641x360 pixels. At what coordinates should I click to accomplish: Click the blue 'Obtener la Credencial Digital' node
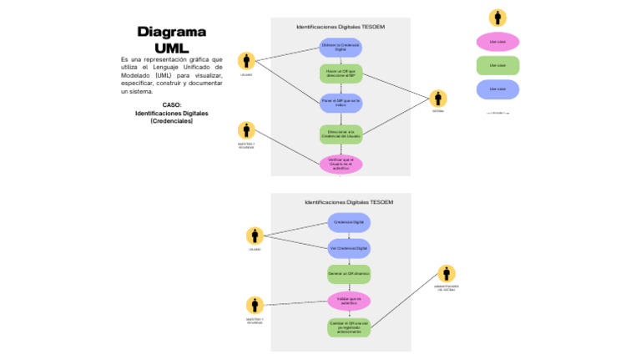tap(341, 48)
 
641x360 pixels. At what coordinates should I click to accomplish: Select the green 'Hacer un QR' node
tap(341, 74)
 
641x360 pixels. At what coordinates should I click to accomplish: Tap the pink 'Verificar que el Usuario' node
tap(341, 163)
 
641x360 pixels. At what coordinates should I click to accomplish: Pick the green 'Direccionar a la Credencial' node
tap(341, 134)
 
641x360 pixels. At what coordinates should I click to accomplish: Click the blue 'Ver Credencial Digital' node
tap(349, 248)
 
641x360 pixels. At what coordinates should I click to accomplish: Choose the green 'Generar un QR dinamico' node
tap(349, 274)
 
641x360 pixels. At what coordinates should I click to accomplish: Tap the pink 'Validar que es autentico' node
tap(349, 300)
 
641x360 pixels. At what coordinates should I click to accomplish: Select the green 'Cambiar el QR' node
tap(349, 327)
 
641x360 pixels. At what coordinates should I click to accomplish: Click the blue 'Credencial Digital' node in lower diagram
tap(349, 222)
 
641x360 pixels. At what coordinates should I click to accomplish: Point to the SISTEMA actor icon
tap(438, 99)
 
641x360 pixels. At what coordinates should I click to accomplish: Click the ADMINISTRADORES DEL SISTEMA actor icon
tap(447, 274)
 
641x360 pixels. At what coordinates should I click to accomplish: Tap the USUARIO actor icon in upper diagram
tap(246, 61)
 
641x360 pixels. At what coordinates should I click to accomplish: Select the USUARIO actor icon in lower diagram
tap(255, 236)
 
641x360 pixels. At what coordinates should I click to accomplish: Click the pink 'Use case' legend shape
tap(497, 42)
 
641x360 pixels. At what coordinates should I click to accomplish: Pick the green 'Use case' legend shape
tap(497, 65)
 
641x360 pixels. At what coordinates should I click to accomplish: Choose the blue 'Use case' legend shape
tap(497, 89)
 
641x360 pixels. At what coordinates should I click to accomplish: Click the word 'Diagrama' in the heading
tap(171, 32)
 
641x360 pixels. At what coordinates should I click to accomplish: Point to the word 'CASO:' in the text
tap(171, 105)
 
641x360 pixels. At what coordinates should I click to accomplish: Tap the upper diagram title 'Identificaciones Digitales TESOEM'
tap(341, 27)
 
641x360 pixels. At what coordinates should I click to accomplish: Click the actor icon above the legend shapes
tap(497, 17)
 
